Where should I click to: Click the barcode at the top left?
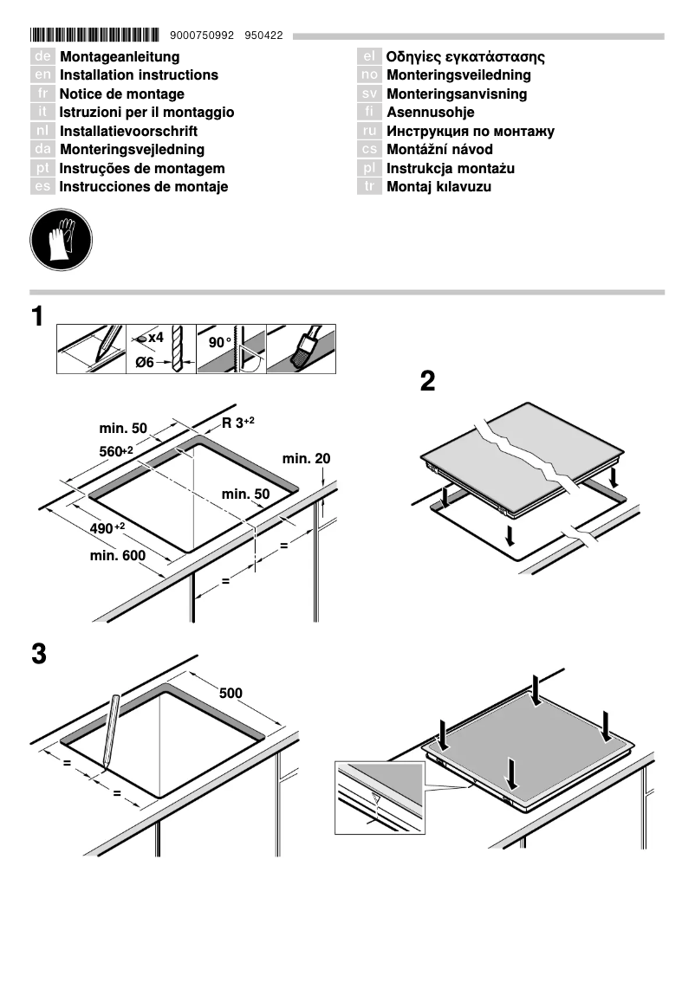click(94, 36)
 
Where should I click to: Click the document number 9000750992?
click(203, 36)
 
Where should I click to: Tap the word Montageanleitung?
click(120, 57)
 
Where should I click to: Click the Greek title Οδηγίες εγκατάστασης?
click(465, 57)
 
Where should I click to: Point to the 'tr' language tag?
click(369, 187)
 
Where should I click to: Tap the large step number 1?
click(38, 317)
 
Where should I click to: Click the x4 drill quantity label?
click(152, 337)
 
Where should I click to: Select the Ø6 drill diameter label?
click(145, 362)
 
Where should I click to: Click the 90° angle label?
click(220, 343)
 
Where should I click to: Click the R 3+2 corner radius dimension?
click(237, 423)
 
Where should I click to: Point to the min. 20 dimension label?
click(306, 458)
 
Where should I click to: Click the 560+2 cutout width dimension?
click(116, 450)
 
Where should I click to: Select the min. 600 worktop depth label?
click(118, 555)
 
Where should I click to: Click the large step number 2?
click(427, 381)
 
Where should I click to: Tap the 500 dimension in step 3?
click(231, 693)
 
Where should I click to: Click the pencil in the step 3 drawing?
click(110, 731)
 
